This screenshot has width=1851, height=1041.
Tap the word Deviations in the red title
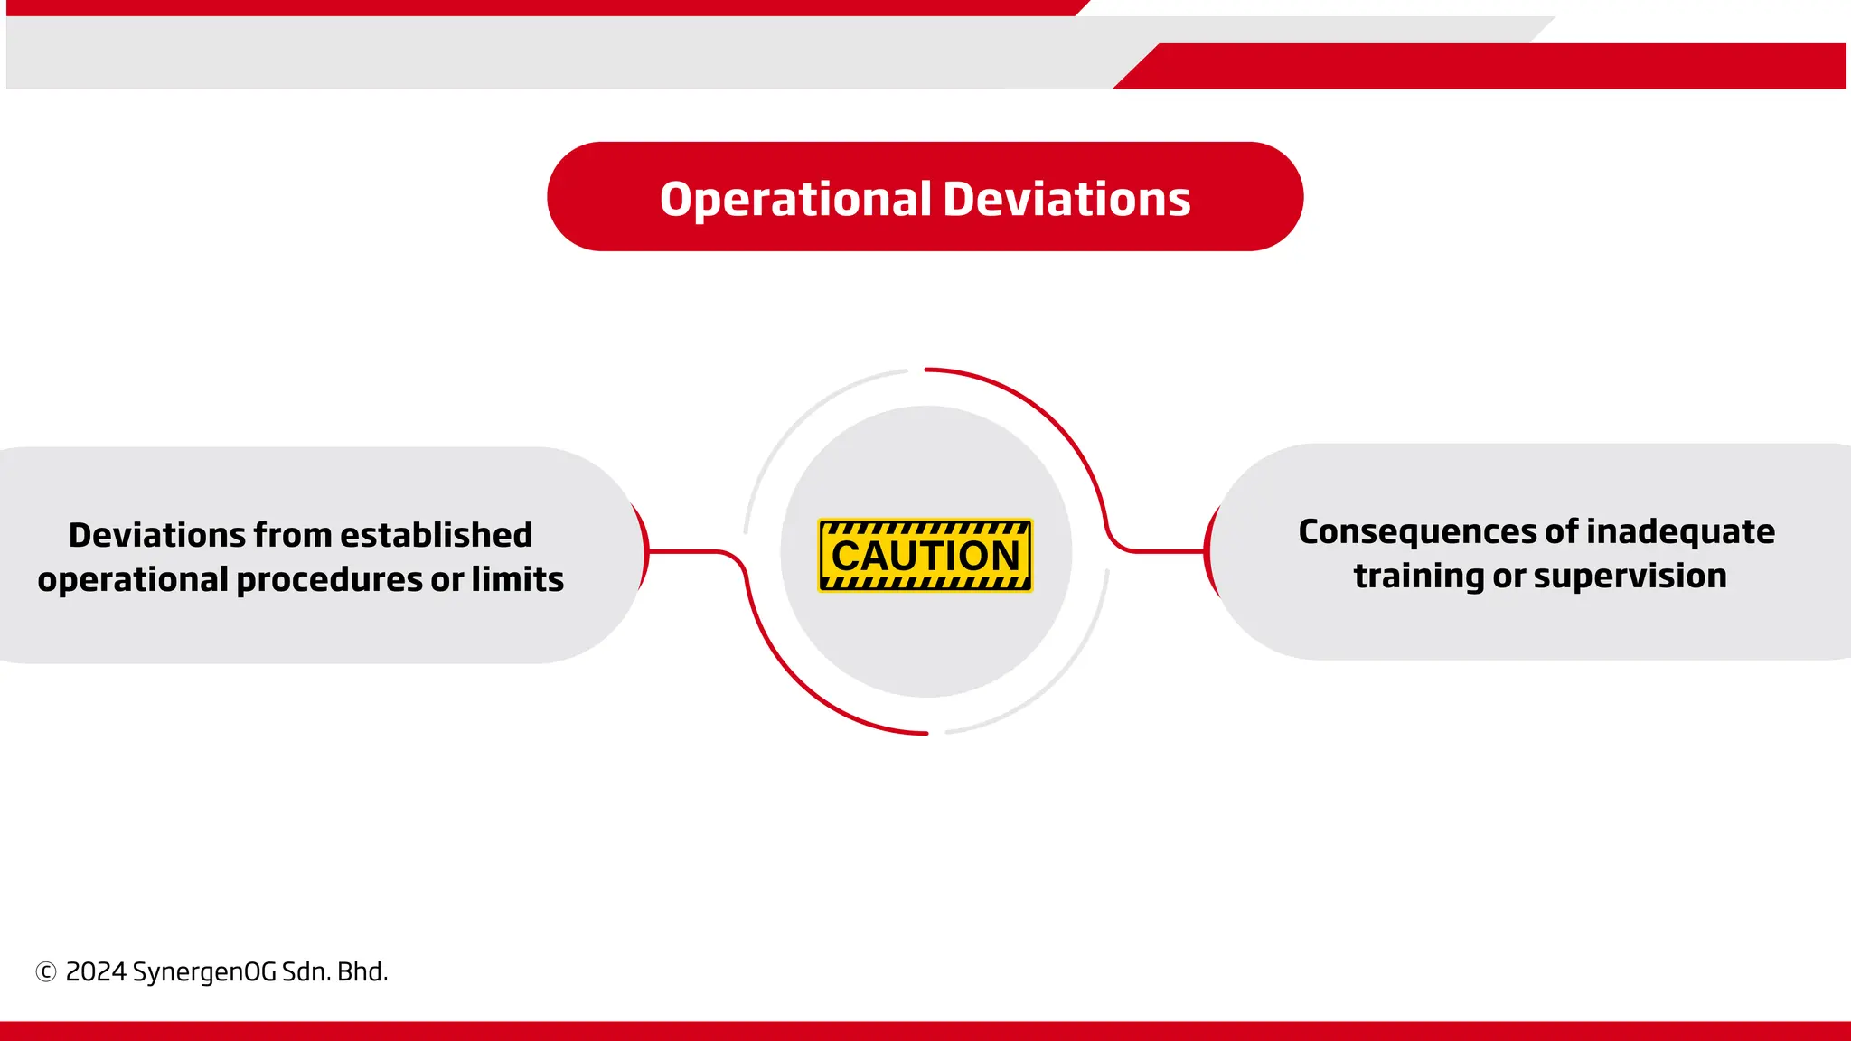click(1066, 199)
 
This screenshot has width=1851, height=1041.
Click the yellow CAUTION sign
click(925, 555)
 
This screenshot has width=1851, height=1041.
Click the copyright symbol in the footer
click(46, 972)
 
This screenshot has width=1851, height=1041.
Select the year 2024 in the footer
click(96, 972)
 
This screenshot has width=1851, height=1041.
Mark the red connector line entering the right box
click(1166, 550)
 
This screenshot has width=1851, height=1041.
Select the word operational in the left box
click(133, 580)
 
